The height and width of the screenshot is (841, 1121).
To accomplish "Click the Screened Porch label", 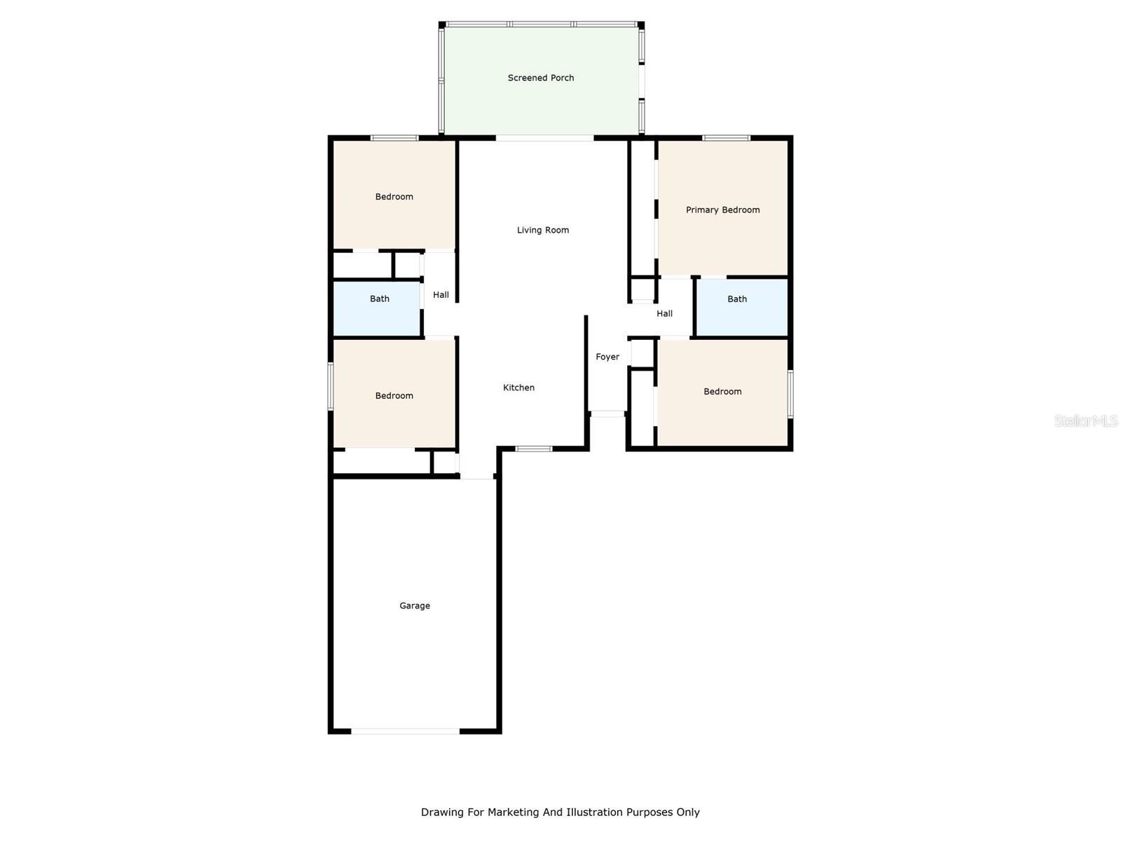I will [x=541, y=78].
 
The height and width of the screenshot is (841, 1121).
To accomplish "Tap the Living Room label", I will [x=543, y=230].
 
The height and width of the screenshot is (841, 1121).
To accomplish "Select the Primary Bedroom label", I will [x=722, y=210].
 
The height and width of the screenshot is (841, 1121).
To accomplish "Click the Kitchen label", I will [x=518, y=388].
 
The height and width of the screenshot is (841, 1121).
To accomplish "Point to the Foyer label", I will [x=607, y=357].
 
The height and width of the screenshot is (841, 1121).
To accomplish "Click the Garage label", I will [x=415, y=606].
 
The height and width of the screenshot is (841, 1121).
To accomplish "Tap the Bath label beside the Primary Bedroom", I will [x=737, y=299].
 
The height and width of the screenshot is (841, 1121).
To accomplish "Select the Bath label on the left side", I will [x=380, y=299].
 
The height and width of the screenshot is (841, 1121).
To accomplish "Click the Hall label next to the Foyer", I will [x=664, y=313].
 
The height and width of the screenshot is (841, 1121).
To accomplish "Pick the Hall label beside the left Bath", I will [x=441, y=294].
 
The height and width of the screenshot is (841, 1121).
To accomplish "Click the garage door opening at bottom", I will [x=406, y=731].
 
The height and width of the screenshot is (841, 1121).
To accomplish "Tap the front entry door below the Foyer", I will [x=607, y=414].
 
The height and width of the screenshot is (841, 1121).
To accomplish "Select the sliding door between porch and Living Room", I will [x=544, y=138].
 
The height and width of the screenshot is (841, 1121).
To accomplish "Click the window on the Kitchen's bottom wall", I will [x=534, y=449].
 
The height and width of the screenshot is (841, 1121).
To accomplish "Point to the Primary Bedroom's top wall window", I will [x=726, y=138].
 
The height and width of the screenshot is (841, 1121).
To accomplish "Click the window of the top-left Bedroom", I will [x=394, y=138].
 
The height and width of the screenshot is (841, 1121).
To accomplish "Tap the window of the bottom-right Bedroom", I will [x=790, y=394].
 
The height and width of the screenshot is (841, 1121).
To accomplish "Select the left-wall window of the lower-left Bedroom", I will [x=331, y=386].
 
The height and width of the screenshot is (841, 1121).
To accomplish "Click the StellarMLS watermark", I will [x=1086, y=420].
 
